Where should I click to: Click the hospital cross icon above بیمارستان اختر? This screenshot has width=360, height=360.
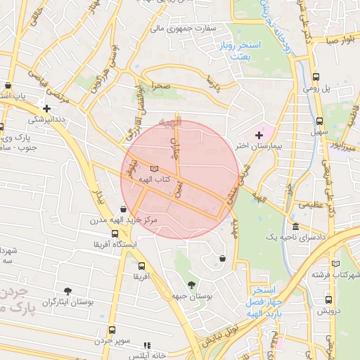click(259, 134)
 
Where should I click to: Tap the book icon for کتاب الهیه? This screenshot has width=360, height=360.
click(155, 169)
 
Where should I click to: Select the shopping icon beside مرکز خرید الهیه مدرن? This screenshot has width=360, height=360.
click(124, 209)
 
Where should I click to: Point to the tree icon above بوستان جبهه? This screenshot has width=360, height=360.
click(191, 284)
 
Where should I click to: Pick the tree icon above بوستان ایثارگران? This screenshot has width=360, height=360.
click(67, 290)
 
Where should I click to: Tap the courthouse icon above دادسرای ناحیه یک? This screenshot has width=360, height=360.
click(295, 228)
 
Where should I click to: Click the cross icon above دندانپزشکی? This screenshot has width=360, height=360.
click(46, 108)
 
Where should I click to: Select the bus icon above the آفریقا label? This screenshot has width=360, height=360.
click(142, 266)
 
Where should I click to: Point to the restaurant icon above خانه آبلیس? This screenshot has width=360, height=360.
click(147, 345)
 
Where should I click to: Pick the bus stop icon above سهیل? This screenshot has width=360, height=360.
click(320, 120)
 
